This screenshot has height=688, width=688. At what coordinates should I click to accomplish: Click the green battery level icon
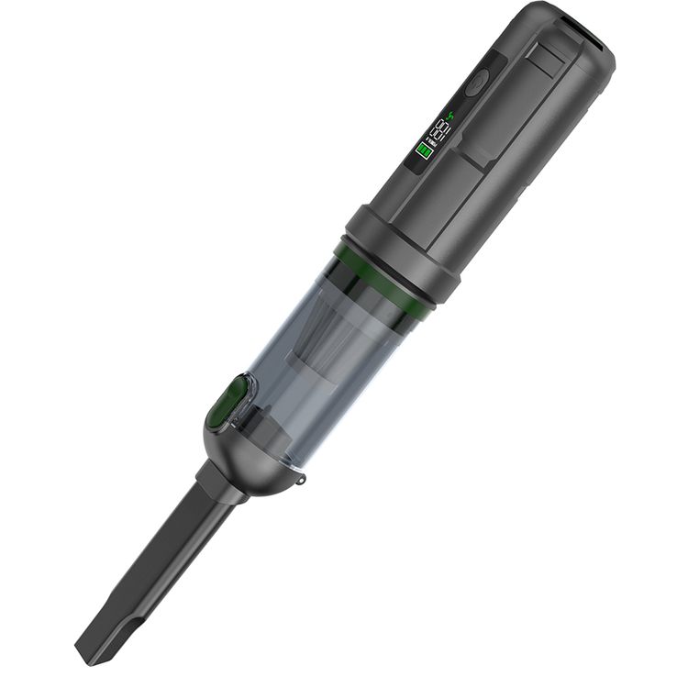click(425, 152)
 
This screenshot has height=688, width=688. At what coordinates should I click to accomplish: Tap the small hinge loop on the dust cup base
click(302, 478)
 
